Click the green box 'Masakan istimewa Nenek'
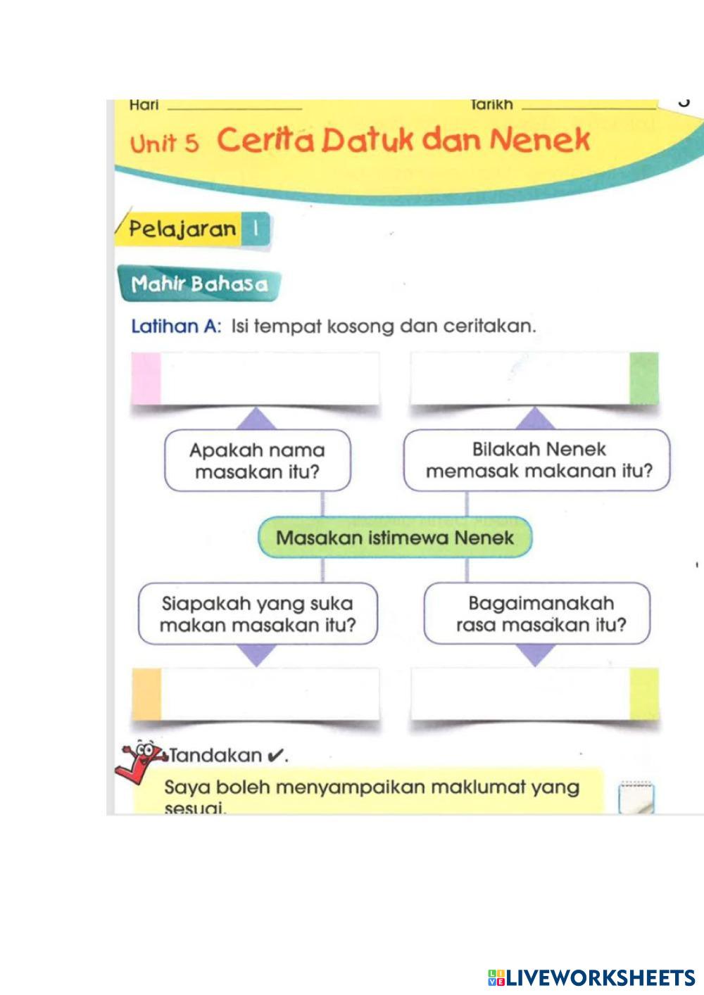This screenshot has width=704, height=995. pyautogui.click(x=395, y=538)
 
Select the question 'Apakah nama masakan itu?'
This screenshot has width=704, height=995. pyautogui.click(x=257, y=461)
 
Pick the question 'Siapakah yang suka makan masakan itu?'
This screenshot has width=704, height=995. pyautogui.click(x=258, y=614)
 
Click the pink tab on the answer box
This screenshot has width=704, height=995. pyautogui.click(x=146, y=379)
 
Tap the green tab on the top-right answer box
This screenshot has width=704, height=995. pyautogui.click(x=643, y=379)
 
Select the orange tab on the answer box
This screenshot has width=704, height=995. pyautogui.click(x=146, y=694)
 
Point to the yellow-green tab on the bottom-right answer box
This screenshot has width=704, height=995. pyautogui.click(x=643, y=694)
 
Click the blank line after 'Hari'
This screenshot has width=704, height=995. pyautogui.click(x=235, y=106)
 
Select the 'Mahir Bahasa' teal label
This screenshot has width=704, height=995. pyautogui.click(x=200, y=284)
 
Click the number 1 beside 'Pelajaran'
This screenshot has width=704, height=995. pyautogui.click(x=255, y=229)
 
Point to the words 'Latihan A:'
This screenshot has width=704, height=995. pyautogui.click(x=177, y=327)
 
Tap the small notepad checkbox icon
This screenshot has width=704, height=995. pyautogui.click(x=636, y=798)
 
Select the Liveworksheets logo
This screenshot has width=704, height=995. pyautogui.click(x=591, y=977)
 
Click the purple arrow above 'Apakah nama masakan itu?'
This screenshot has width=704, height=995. pyautogui.click(x=256, y=419)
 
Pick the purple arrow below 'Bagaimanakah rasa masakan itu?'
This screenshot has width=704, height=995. pyautogui.click(x=536, y=655)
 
